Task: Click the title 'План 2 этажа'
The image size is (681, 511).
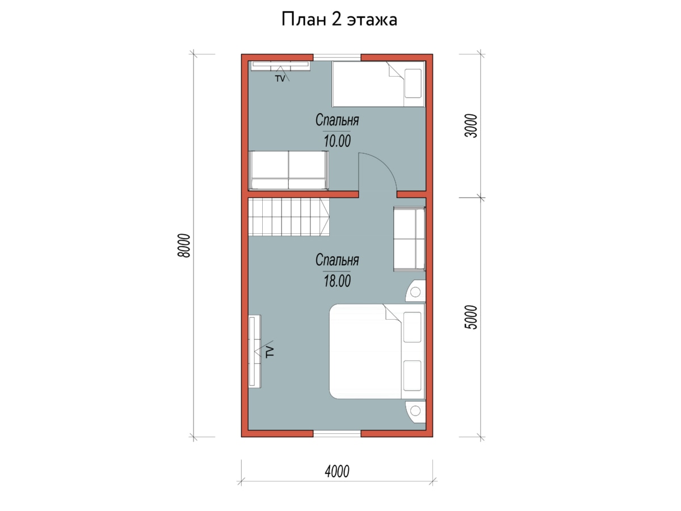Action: pos(339,19)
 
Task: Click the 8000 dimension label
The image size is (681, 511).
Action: pos(184,245)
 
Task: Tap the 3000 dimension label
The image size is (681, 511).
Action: pos(470,126)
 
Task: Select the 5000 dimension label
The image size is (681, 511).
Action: pos(470,317)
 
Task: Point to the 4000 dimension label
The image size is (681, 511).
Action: pos(337,471)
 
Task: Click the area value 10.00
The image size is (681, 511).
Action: pos(337,141)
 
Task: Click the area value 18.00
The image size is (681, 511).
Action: pos(337,281)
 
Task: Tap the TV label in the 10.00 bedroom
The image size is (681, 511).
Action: pos(280,79)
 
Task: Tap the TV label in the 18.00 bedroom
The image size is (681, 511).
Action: pos(270,353)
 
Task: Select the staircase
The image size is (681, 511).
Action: pos(288,217)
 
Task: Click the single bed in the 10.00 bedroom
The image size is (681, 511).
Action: pos(378,84)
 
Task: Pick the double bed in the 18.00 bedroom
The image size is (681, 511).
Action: pos(377,351)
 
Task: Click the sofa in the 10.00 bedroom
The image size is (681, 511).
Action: pos(288,170)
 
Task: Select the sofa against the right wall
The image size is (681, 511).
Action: pos(410,239)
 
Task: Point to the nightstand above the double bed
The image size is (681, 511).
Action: pos(415,291)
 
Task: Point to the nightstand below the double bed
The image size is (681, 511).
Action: pos(415,412)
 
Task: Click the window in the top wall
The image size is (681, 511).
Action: pos(337,57)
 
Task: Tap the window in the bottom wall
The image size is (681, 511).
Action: pos(337,433)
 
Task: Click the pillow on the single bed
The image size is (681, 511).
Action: pos(413,83)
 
